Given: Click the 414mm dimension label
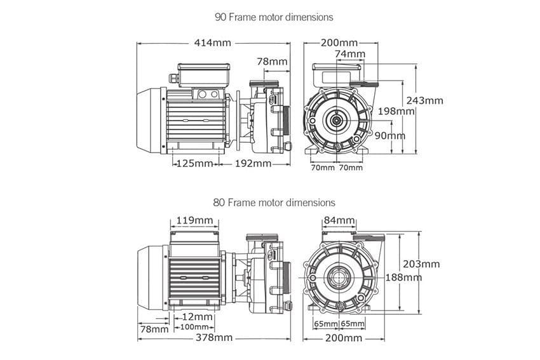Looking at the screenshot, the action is (x=213, y=43).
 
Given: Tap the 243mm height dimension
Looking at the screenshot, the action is (x=424, y=100).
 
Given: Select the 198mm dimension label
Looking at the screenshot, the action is (x=396, y=111).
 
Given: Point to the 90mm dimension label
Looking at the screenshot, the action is (x=390, y=136).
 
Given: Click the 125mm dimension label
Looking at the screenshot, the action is (x=194, y=163).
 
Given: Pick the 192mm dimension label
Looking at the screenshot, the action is (x=253, y=163).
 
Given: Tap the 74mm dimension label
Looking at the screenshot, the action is (x=350, y=54).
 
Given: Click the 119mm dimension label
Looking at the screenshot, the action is (x=194, y=220).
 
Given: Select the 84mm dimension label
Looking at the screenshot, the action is (x=339, y=220).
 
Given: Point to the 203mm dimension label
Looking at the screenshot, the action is (x=421, y=264).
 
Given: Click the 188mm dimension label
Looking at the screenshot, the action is (x=403, y=277).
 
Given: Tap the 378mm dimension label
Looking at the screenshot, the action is (x=214, y=338).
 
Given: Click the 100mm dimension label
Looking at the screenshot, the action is (x=194, y=326).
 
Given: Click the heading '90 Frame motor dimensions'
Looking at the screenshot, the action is (x=274, y=17).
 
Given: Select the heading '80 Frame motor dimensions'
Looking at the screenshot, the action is (x=274, y=203).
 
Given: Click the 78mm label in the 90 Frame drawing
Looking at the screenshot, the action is (x=272, y=62).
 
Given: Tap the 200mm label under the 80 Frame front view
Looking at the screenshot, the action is (x=343, y=338).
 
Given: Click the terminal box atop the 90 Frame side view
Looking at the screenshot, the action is (x=203, y=76).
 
